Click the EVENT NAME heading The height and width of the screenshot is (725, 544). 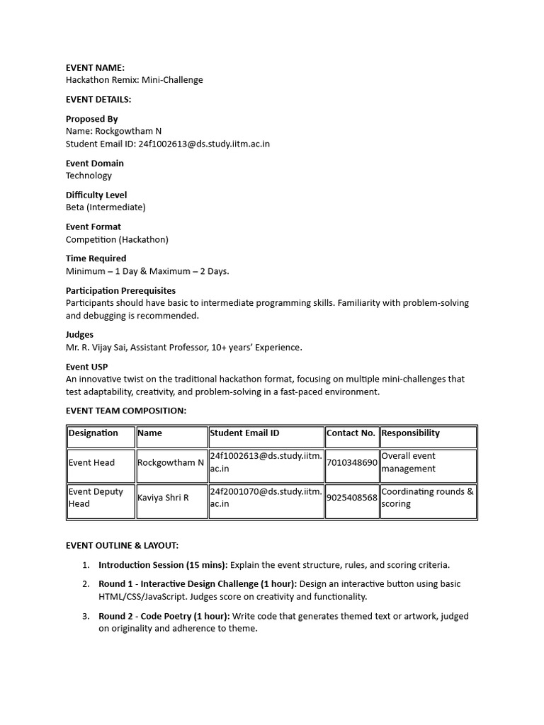coord(95,67)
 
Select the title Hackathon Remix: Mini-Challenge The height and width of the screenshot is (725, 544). coord(134,80)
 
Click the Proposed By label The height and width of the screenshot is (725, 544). coord(91,119)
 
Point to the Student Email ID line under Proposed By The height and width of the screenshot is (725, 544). coord(167,144)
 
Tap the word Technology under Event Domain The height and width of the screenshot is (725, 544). coord(89,176)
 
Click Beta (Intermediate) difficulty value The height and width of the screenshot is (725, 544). coord(106,207)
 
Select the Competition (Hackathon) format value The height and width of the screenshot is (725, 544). coord(117,239)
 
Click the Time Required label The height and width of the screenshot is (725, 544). coord(96,258)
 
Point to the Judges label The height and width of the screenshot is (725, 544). coord(79,334)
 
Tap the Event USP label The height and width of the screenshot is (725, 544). coord(86,366)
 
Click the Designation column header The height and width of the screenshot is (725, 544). coord(93,433)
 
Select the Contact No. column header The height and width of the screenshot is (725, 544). coord(351,433)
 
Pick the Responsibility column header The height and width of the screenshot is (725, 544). coord(410,433)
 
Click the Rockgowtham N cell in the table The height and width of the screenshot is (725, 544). coord(171,462)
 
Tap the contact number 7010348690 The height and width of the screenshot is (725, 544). coord(351,462)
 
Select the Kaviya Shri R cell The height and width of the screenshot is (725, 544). coord(163,498)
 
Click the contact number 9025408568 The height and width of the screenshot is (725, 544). coord(351,498)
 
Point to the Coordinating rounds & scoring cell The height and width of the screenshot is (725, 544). coord(427,498)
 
